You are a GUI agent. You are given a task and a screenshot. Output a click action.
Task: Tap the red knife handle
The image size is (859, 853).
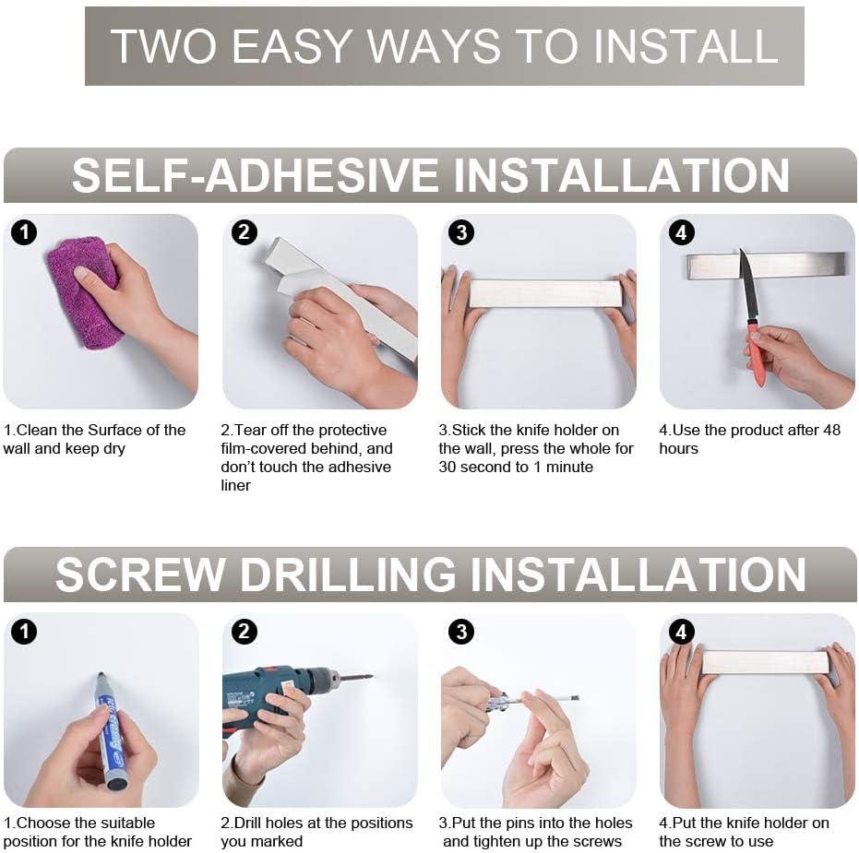(757, 355)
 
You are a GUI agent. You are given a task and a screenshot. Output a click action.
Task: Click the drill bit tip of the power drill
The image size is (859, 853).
(369, 678)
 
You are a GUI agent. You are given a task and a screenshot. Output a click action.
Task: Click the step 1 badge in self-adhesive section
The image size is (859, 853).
(24, 233)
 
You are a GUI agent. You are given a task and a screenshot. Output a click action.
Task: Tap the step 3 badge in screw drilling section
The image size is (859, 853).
(460, 632)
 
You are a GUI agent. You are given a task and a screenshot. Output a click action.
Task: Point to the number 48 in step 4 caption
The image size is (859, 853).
(830, 430)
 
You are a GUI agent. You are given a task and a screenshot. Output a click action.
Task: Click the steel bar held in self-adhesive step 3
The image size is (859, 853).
(544, 293)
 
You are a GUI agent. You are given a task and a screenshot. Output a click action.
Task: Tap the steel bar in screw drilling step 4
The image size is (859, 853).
(765, 662)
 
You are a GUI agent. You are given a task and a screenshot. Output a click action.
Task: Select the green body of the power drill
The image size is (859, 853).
(263, 687)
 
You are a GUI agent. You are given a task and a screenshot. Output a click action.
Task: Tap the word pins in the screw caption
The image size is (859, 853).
(531, 823)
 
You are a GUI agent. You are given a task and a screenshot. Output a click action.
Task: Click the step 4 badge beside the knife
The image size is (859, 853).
(681, 233)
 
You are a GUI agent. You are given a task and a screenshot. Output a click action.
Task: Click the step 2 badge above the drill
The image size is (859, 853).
(244, 632)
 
